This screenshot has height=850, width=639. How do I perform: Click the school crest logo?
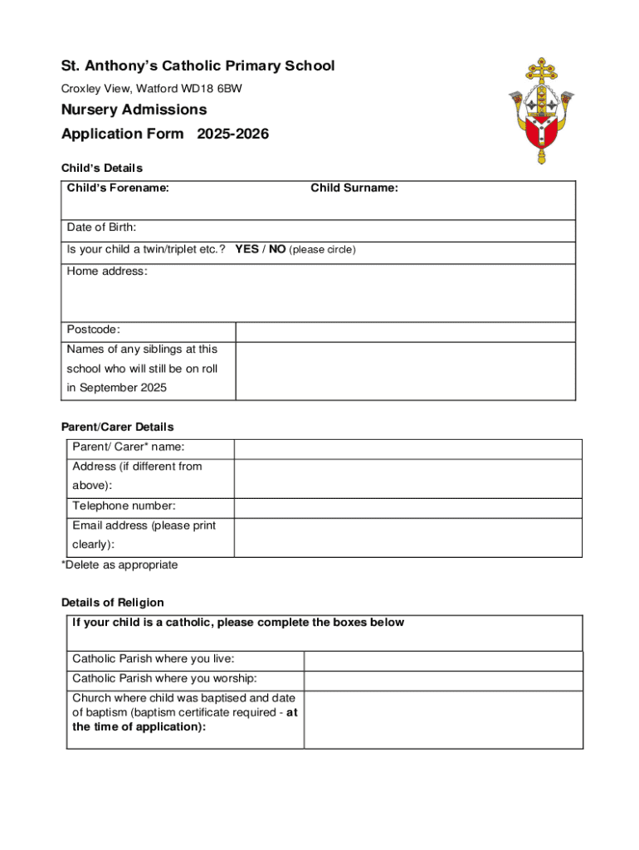coord(542,110)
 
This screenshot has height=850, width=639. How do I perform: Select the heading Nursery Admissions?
coord(134,110)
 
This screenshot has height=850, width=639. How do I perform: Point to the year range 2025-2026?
coord(232,134)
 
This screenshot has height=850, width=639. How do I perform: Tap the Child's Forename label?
coord(118,188)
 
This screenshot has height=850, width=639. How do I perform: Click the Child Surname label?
coord(354,188)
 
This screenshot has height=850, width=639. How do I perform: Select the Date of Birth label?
coord(101,227)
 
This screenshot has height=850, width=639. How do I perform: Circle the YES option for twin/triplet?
coord(246,249)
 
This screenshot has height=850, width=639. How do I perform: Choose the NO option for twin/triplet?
coord(277,249)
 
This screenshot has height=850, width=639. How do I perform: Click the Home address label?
coord(107,271)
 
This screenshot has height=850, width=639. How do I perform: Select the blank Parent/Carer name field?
coord(407,449)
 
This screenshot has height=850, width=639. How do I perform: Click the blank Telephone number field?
coord(407,508)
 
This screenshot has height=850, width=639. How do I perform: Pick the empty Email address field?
coord(407,537)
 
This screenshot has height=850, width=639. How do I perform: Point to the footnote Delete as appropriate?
coord(120,565)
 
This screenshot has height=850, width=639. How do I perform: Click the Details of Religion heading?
coord(113,603)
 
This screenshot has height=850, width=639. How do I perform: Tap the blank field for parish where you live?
coord(442,661)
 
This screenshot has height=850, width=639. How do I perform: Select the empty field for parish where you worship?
coord(442,680)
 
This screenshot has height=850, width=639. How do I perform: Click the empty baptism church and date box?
coord(442,719)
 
